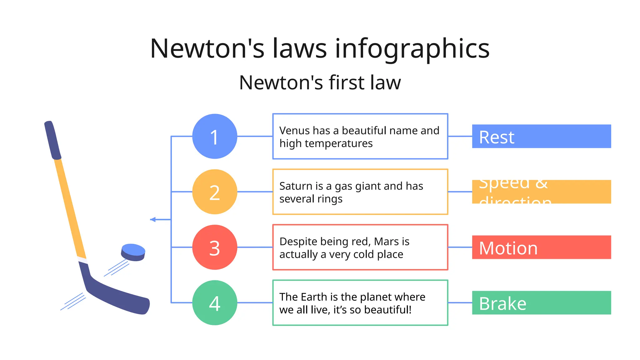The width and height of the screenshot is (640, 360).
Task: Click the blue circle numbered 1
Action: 214,136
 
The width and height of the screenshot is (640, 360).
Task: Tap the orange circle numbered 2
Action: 214,192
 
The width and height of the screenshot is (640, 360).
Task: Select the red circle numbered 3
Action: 214,247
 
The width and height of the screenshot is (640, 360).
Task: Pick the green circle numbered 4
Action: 214,302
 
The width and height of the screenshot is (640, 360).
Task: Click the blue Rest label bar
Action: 541,136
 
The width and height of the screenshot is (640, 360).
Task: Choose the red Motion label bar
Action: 541,247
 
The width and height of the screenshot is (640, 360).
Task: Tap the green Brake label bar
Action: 541,302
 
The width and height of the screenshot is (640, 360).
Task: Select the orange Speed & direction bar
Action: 541,192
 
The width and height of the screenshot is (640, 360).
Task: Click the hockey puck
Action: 133,252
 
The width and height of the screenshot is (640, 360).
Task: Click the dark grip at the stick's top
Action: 52,140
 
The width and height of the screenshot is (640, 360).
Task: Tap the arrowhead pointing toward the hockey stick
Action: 153,220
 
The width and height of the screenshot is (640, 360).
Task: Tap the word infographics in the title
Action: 412,49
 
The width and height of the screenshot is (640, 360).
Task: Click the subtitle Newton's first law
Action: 320,83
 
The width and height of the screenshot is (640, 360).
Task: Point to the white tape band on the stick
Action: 82,260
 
